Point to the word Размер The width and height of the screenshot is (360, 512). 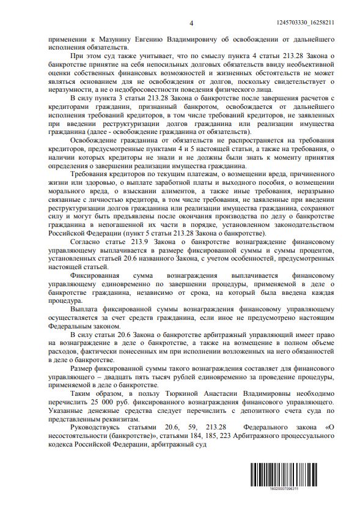[68, 369]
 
